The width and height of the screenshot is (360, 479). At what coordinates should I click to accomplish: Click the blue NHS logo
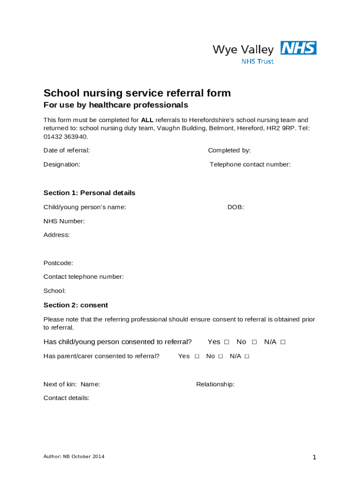pyautogui.click(x=298, y=48)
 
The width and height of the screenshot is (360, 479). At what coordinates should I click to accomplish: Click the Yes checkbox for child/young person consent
pyautogui.click(x=227, y=342)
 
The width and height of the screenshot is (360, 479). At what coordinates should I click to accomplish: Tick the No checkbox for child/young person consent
pyautogui.click(x=254, y=342)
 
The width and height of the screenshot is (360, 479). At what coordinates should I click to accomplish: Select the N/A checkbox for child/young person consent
pyautogui.click(x=283, y=342)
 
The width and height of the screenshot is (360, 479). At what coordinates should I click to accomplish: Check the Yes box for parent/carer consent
pyautogui.click(x=197, y=356)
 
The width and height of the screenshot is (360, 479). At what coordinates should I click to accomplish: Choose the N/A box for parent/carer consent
pyautogui.click(x=247, y=356)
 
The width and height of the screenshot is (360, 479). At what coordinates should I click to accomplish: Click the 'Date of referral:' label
pyautogui.click(x=66, y=150)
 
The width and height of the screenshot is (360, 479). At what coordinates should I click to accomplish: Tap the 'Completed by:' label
pyautogui.click(x=229, y=150)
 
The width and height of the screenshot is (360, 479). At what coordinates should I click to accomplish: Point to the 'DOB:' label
pyautogui.click(x=236, y=207)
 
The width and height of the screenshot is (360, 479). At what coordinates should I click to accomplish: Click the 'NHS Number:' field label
pyautogui.click(x=64, y=221)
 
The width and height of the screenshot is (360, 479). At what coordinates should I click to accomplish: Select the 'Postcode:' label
pyautogui.click(x=58, y=263)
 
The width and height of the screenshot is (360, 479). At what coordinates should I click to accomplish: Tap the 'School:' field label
pyautogui.click(x=55, y=290)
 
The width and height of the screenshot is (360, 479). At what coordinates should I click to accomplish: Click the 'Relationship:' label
pyautogui.click(x=215, y=384)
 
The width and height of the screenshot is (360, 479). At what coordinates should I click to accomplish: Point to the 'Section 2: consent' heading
pyautogui.click(x=76, y=305)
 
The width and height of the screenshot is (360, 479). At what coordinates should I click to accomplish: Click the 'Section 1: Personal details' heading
pyautogui.click(x=89, y=193)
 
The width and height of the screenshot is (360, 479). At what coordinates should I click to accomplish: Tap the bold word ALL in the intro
pyautogui.click(x=147, y=120)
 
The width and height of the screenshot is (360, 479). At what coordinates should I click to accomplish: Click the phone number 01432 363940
pyautogui.click(x=65, y=137)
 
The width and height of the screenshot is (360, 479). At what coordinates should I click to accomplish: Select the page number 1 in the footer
pyautogui.click(x=315, y=457)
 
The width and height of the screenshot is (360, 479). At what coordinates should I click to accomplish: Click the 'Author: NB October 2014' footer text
pyautogui.click(x=74, y=456)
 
